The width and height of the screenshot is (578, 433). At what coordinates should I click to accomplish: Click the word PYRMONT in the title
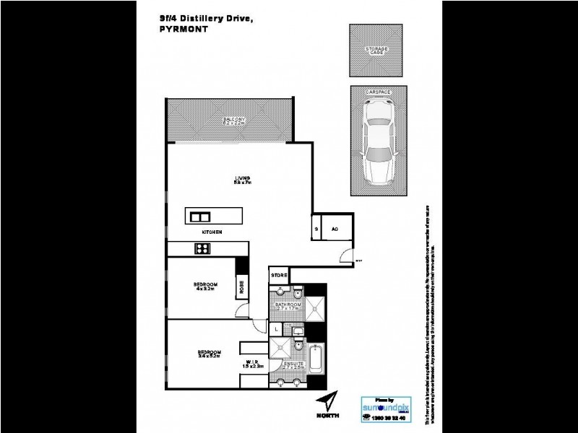tap(180, 30)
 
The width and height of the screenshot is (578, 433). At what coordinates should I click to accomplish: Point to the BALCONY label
tap(235, 119)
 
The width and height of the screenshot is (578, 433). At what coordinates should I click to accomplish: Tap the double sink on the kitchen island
tap(200, 216)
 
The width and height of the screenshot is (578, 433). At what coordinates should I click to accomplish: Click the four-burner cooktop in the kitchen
tap(202, 249)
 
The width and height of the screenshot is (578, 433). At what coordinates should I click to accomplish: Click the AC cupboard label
tap(335, 229)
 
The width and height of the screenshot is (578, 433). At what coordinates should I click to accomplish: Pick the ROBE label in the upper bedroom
tap(241, 287)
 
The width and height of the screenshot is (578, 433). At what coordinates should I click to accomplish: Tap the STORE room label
tap(279, 276)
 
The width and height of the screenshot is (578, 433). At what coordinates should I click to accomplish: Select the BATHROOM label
tap(288, 305)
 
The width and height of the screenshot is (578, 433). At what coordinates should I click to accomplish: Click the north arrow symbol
tap(330, 401)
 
